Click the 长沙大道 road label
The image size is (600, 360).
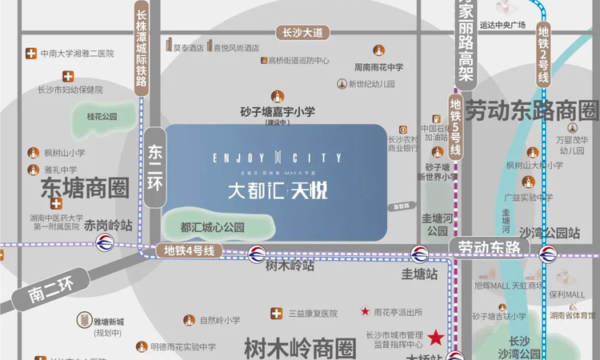302,33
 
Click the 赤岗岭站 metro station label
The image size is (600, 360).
108,225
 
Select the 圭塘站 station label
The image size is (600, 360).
420,273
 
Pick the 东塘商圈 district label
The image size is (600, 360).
84,189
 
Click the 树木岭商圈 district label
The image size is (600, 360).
299,347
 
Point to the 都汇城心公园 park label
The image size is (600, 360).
212,227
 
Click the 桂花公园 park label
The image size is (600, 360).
102,116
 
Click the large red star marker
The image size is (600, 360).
437,337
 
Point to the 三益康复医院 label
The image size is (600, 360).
313,313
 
